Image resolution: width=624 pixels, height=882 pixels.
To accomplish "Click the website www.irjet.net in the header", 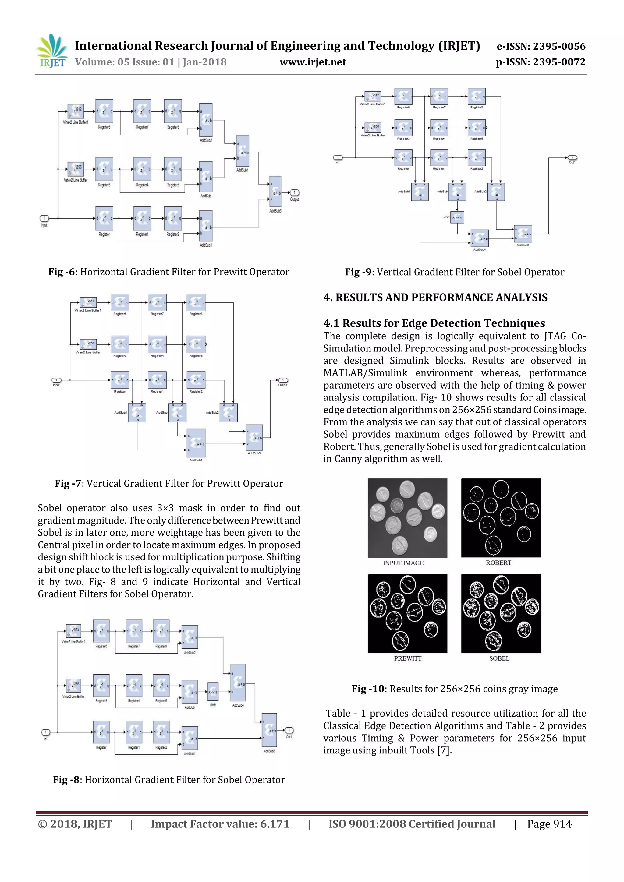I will [x=313, y=62].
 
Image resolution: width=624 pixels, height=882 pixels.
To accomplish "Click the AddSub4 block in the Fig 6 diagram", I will [x=243, y=153].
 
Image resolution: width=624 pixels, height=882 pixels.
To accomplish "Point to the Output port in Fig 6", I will [x=295, y=192].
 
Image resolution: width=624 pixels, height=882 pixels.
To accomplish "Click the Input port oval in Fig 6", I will [x=44, y=218].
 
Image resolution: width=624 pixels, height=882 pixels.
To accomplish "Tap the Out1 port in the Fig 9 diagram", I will [x=573, y=157].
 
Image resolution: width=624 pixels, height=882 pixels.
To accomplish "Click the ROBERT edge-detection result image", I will [x=501, y=517].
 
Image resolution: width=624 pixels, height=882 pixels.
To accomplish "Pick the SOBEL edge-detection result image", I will [x=501, y=613].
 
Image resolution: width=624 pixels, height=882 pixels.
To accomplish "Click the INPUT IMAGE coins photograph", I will [x=407, y=517].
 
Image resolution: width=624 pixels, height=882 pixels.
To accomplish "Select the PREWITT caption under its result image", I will [x=408, y=658].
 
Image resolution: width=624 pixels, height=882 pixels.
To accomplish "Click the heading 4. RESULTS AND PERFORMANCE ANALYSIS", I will [x=435, y=297].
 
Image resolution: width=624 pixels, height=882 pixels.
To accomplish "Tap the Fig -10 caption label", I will [x=368, y=689].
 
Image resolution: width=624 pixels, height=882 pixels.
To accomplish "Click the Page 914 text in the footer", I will [x=549, y=824].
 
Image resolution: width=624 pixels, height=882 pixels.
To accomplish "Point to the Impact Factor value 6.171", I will [x=220, y=824].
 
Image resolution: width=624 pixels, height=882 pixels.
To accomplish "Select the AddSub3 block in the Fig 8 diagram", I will [x=269, y=730].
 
